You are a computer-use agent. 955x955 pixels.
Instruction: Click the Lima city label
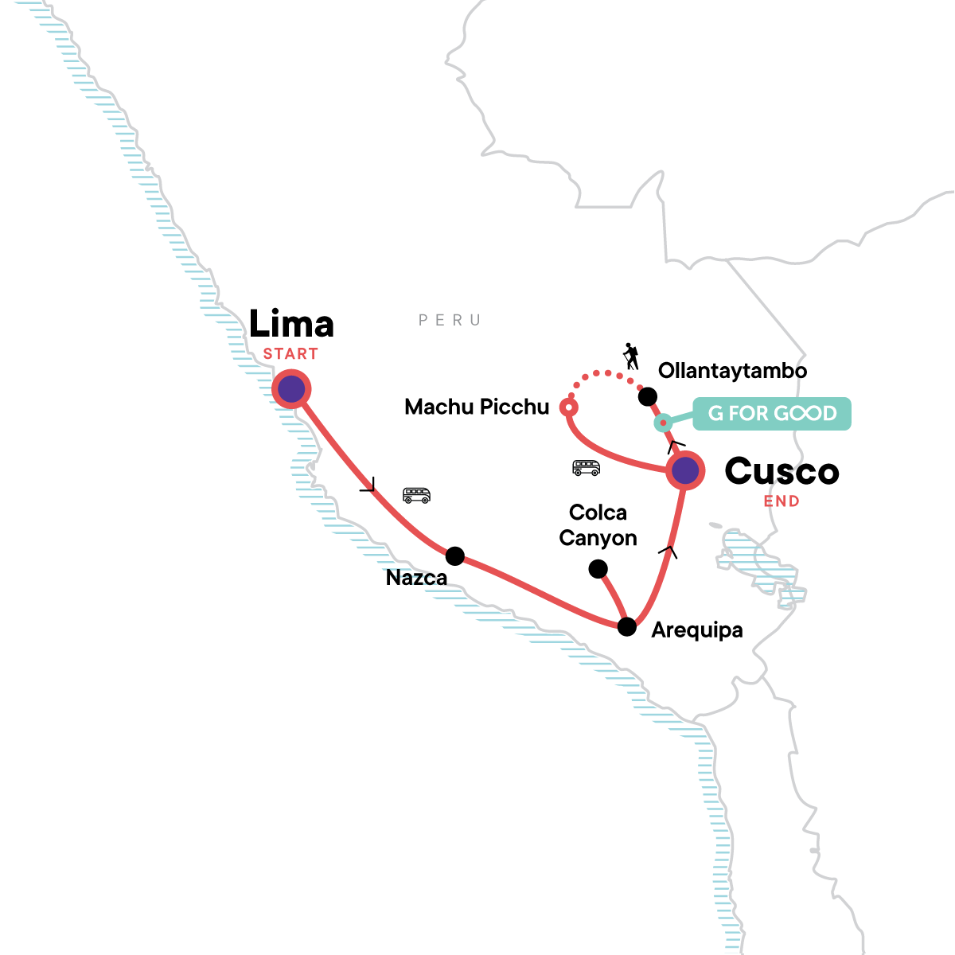(x=291, y=324)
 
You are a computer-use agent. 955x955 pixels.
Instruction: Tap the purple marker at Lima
(x=291, y=389)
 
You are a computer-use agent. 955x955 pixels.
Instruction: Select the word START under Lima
(x=290, y=354)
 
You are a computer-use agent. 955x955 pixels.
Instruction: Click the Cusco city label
(x=782, y=471)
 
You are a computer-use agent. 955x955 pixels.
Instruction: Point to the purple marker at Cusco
(x=685, y=470)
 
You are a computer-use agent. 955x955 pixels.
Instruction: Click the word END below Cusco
(x=782, y=501)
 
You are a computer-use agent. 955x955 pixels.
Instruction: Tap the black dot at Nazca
(x=455, y=556)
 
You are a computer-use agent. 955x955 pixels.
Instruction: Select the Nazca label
(x=416, y=578)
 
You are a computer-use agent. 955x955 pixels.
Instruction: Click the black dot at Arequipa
(x=627, y=627)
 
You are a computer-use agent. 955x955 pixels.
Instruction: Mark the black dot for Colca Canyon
(x=598, y=569)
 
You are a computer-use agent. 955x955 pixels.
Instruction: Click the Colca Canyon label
(x=598, y=525)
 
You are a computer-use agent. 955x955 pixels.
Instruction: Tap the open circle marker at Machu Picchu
(x=569, y=407)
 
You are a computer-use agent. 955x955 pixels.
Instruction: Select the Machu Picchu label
(x=477, y=407)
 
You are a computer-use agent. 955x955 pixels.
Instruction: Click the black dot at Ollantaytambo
(x=647, y=396)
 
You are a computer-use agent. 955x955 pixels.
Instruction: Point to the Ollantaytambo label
(x=732, y=371)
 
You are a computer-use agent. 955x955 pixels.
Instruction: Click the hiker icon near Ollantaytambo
(x=631, y=357)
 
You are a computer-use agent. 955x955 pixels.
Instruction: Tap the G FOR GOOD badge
(x=772, y=413)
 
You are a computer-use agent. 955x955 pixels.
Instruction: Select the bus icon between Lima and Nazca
(x=416, y=495)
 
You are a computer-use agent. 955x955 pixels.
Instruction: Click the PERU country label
(x=450, y=320)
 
